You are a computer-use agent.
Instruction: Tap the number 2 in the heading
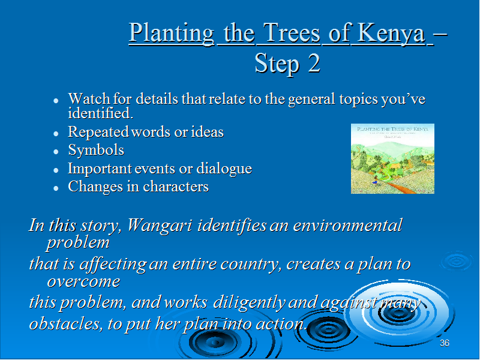click(314, 64)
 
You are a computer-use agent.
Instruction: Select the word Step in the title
click(277, 64)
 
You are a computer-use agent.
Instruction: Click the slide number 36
click(444, 343)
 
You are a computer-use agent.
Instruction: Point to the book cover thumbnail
click(392, 158)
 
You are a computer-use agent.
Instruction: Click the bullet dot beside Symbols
click(56, 152)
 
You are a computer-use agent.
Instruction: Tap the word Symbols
click(96, 151)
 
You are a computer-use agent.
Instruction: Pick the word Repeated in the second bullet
click(98, 132)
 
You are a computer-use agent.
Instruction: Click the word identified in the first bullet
click(100, 113)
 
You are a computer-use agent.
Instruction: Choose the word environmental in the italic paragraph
click(347, 226)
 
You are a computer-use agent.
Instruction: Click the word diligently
click(249, 302)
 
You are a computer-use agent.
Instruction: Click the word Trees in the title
click(292, 33)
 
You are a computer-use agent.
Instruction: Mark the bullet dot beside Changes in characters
click(56, 188)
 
